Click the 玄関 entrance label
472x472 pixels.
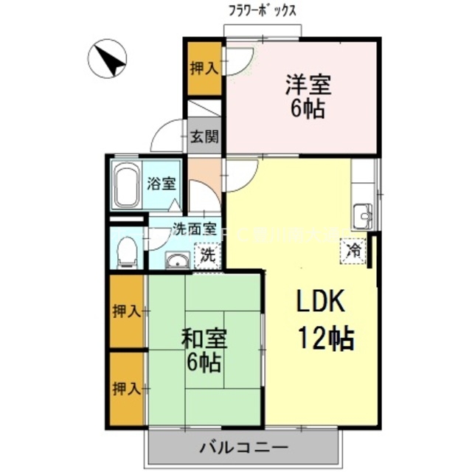[x=204, y=136]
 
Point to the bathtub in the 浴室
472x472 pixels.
[x=127, y=185]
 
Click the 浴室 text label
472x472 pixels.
[x=162, y=184]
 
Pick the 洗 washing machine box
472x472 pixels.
[x=207, y=255]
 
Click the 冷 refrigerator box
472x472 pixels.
[x=354, y=251]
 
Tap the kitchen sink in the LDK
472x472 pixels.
[x=364, y=215]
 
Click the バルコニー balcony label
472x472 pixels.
[x=243, y=445]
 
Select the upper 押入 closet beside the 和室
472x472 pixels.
[x=127, y=310]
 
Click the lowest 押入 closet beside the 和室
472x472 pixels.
[x=127, y=388]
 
